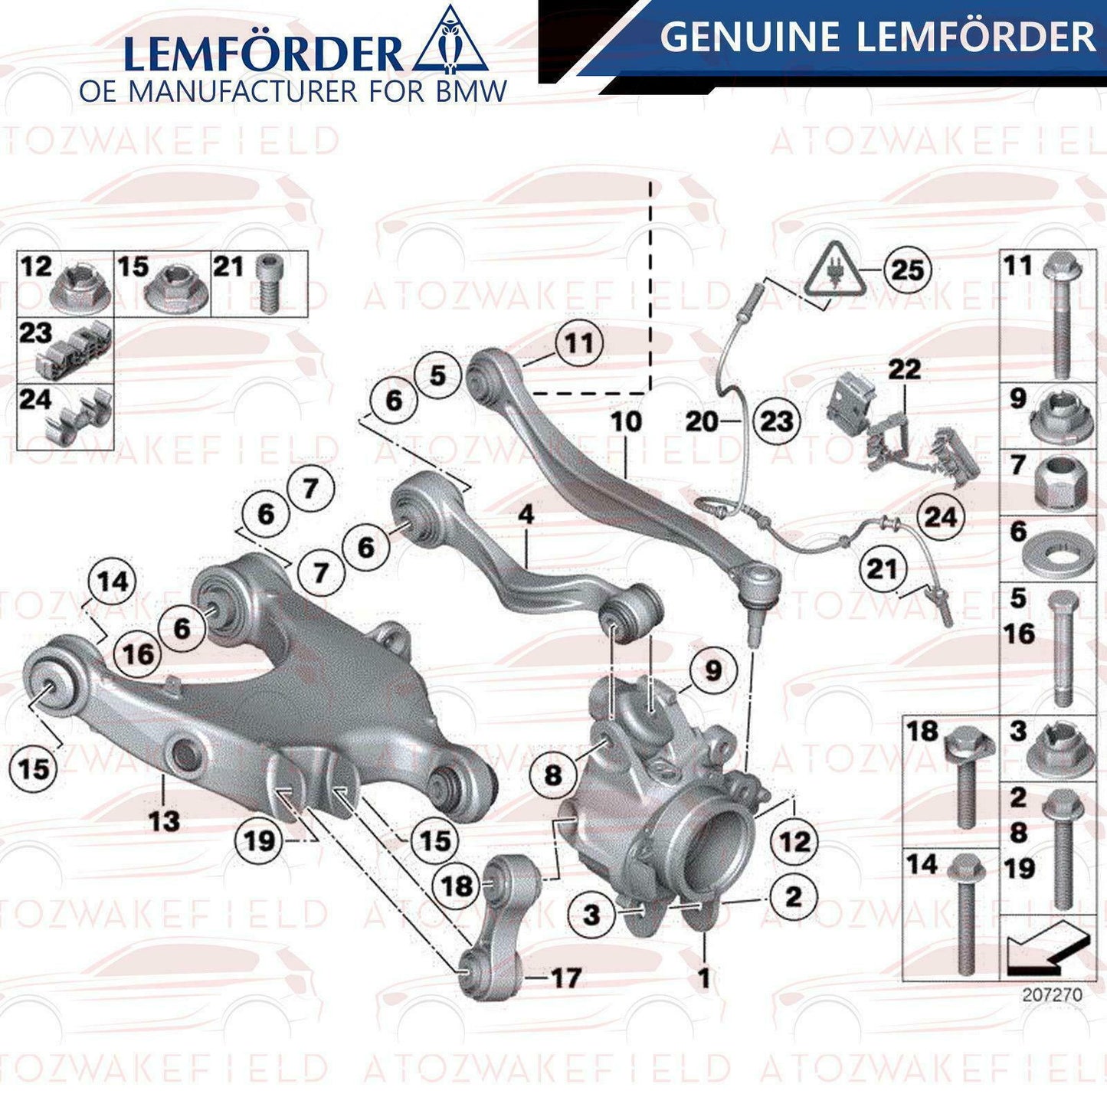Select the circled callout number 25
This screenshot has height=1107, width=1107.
click(908, 270)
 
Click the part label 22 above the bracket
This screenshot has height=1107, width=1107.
click(904, 368)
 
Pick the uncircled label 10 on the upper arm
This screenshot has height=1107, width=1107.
click(626, 421)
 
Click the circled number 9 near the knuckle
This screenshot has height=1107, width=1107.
click(713, 670)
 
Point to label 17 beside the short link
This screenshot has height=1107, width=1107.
click(565, 978)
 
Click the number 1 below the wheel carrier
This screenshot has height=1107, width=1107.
click(703, 978)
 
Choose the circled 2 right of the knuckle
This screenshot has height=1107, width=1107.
click(793, 896)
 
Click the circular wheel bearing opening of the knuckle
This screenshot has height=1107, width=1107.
click(713, 845)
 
